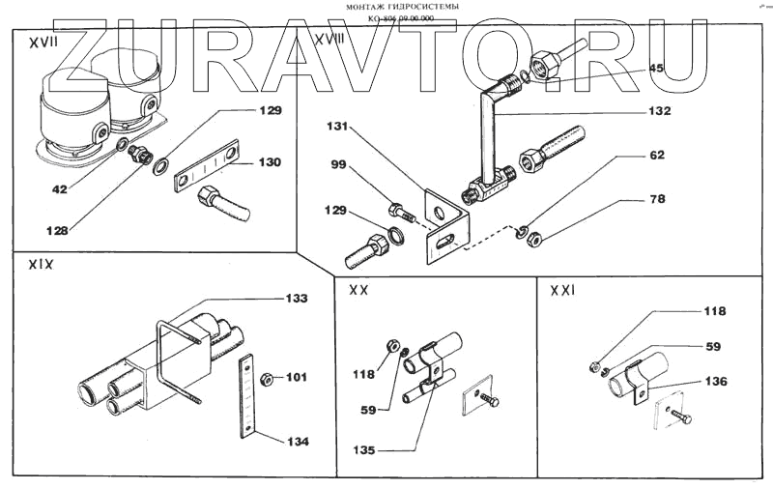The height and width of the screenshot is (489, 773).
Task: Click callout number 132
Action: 657,111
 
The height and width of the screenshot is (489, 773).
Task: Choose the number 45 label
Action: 656,68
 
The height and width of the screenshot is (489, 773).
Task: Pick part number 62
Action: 656,155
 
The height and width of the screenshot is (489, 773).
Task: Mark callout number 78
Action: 656,200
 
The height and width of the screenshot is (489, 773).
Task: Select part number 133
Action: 297,300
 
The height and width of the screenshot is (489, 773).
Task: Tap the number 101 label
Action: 297,377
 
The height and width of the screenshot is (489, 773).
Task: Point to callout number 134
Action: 297,442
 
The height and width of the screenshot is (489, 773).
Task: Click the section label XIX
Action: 40,262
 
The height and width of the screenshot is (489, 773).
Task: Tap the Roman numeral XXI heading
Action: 565,290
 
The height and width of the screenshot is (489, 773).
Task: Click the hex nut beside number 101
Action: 272,377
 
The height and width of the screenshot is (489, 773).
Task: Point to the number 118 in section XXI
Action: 712,311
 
